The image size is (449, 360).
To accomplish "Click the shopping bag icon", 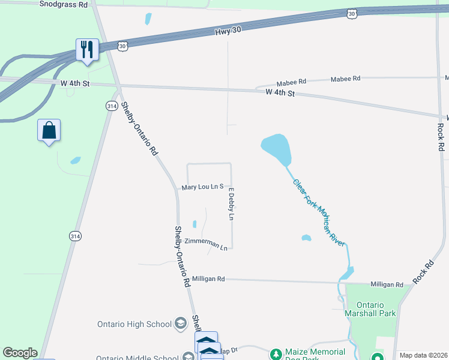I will tap(49, 130).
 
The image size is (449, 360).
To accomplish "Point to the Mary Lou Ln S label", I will tap(202, 187).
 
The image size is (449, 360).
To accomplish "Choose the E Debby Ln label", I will tap(231, 204).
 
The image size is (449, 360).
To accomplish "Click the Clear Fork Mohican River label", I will tap(319, 211).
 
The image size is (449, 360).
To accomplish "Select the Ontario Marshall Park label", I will tap(370, 309).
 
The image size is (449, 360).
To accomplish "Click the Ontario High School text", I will tap(134, 325).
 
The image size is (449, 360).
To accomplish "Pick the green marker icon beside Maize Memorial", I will tap(276, 355).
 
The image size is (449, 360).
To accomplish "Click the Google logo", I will tap(20, 353).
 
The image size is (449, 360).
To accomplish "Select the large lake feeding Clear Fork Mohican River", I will tap(277, 149).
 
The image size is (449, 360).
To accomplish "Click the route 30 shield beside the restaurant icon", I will tap(122, 45).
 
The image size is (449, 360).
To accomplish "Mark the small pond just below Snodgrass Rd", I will tap(148, 19).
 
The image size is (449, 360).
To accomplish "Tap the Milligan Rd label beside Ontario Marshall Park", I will tap(387, 284).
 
